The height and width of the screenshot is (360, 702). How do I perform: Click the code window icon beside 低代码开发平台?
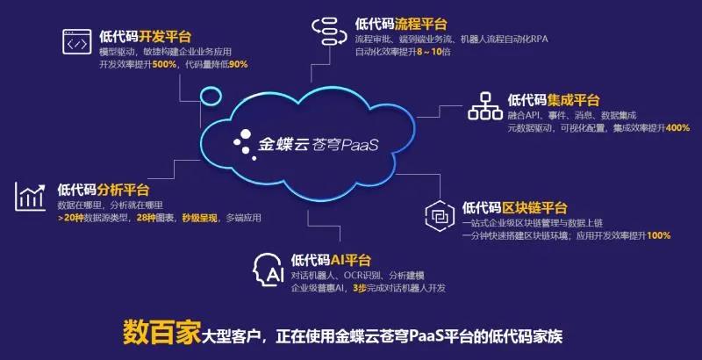[77, 41]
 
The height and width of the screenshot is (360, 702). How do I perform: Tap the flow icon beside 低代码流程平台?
[330, 32]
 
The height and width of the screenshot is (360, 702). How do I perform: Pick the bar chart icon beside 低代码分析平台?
[30, 197]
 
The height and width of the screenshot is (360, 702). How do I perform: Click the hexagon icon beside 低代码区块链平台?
[440, 216]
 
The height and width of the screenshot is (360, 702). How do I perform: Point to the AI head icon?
[269, 270]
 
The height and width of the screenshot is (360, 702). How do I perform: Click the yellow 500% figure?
[164, 64]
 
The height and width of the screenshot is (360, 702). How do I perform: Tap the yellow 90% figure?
[238, 64]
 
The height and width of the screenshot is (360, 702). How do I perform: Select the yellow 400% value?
[677, 128]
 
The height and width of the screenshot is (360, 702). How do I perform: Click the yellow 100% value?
[659, 235]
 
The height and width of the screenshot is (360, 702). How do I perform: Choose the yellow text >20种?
[71, 219]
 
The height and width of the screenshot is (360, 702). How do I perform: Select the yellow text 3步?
[360, 288]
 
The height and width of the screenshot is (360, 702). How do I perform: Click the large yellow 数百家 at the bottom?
[161, 333]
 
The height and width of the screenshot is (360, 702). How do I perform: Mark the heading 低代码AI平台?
[331, 260]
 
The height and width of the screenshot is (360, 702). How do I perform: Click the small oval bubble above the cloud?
[211, 96]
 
